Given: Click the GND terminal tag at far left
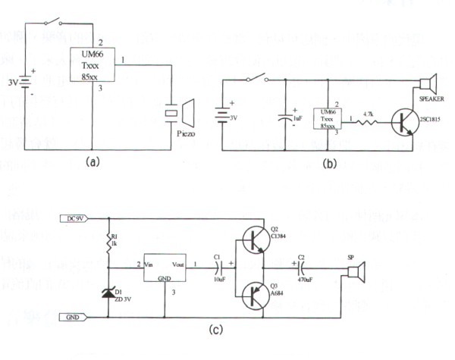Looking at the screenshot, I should click(x=74, y=317).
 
